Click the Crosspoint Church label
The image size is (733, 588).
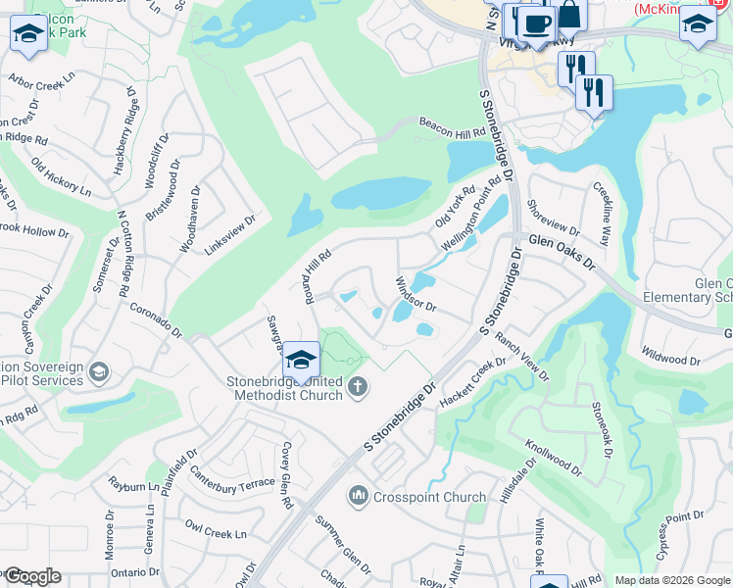[422, 497]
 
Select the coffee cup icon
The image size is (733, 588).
[536, 24]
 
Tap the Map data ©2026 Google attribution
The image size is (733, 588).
[672, 580]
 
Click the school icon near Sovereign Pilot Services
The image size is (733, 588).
[98, 372]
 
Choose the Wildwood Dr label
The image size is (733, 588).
[670, 354]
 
